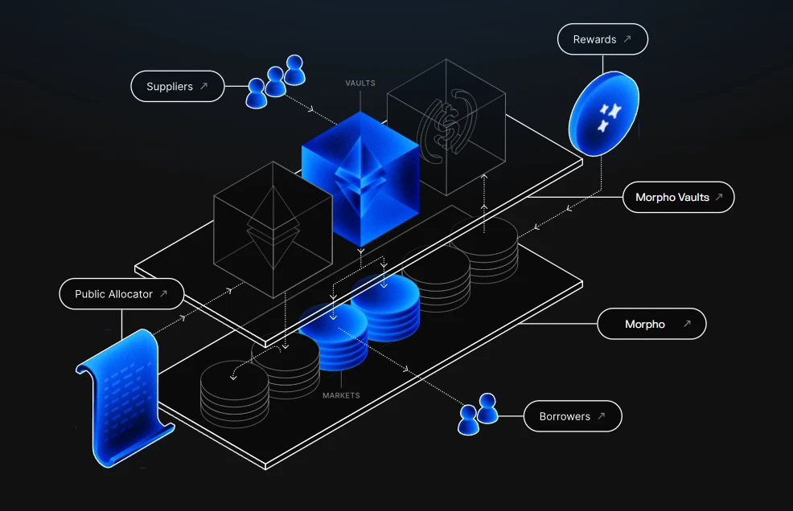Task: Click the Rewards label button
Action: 602,39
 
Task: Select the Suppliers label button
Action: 177,86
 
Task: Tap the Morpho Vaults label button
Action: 679,197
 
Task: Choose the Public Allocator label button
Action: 121,294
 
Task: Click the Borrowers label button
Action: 573,416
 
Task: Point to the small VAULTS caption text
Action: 360,83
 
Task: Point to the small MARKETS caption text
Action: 341,395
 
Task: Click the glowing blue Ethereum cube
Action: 360,178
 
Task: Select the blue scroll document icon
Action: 125,397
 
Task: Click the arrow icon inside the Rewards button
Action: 627,39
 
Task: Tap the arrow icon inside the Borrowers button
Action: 602,416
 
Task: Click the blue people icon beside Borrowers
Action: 478,414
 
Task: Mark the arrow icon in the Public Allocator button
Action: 163,294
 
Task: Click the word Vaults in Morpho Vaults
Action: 692,197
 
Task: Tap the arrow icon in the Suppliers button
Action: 204,86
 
